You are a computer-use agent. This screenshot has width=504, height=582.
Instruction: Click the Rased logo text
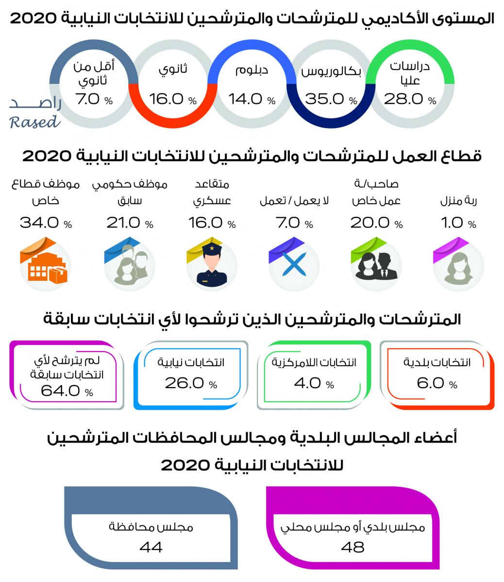tap(34, 114)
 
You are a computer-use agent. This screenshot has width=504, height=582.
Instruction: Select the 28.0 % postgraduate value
tap(410, 99)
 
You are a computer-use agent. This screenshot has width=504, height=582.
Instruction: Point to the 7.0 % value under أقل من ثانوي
tap(94, 99)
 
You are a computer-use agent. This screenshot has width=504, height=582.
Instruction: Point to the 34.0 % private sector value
tap(46, 223)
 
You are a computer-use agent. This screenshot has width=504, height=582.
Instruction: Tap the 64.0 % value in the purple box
tap(67, 391)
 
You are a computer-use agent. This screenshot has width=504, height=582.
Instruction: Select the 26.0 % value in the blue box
tap(191, 383)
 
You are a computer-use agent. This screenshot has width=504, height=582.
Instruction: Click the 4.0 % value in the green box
tap(314, 383)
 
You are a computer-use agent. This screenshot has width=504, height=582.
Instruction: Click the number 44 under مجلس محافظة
tap(151, 547)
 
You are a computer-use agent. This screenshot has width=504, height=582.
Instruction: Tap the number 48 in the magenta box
tap(353, 547)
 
